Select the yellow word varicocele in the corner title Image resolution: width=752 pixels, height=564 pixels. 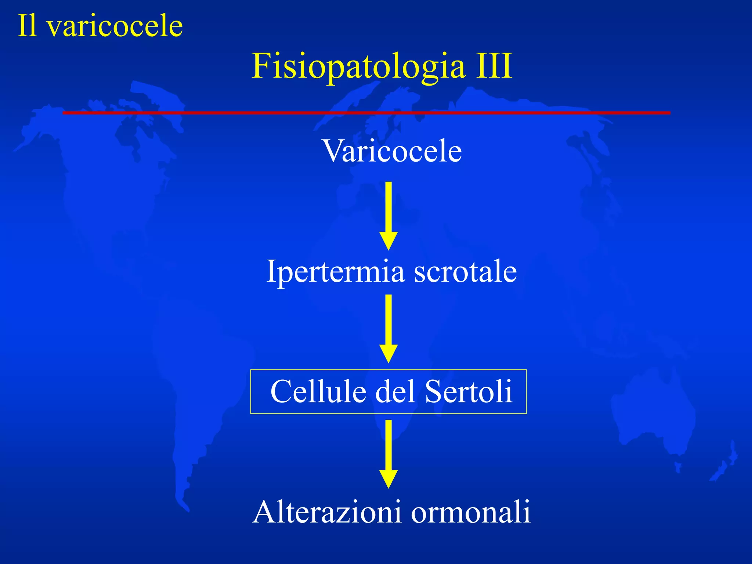click(115, 26)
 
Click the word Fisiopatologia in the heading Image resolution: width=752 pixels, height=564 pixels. click(358, 66)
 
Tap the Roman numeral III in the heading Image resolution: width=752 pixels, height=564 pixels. click(494, 66)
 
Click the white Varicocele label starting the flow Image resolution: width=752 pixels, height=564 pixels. click(392, 151)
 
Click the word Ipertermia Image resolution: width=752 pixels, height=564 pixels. click(335, 272)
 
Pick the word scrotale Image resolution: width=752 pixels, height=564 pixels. click(465, 272)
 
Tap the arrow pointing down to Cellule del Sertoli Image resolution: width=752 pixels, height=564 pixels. click(388, 328)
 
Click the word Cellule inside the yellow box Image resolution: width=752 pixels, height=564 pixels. click(318, 391)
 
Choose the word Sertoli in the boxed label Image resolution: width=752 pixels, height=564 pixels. click(469, 391)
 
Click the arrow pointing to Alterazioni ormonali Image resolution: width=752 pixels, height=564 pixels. click(388, 454)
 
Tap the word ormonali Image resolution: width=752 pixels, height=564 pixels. click(471, 512)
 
